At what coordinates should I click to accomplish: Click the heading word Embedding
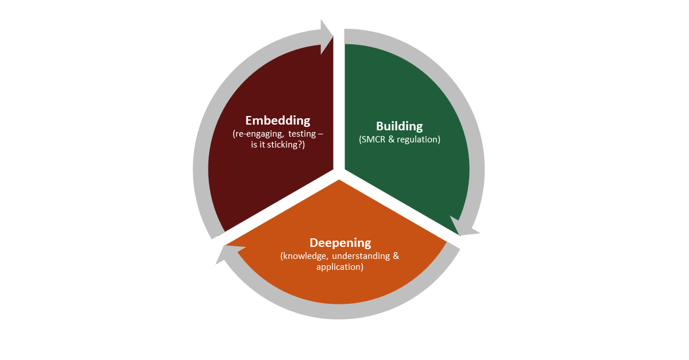tap(278, 121)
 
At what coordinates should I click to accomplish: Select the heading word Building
tap(399, 126)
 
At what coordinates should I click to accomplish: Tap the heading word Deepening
tap(340, 243)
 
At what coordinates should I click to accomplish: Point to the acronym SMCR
tap(372, 140)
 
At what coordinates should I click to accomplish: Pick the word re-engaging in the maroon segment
tap(258, 134)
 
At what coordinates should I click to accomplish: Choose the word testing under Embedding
tap(302, 134)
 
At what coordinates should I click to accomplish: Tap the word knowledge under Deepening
tap(304, 256)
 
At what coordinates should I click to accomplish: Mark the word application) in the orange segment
tap(340, 267)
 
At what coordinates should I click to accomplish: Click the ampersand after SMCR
tap(391, 140)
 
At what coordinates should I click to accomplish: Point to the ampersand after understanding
tap(396, 256)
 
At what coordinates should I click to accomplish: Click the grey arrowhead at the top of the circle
tap(326, 37)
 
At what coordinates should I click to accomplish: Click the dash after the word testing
tap(320, 134)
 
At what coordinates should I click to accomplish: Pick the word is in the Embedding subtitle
tap(253, 145)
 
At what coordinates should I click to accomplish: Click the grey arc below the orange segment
tap(338, 311)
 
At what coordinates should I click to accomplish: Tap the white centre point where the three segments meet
tap(339, 175)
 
